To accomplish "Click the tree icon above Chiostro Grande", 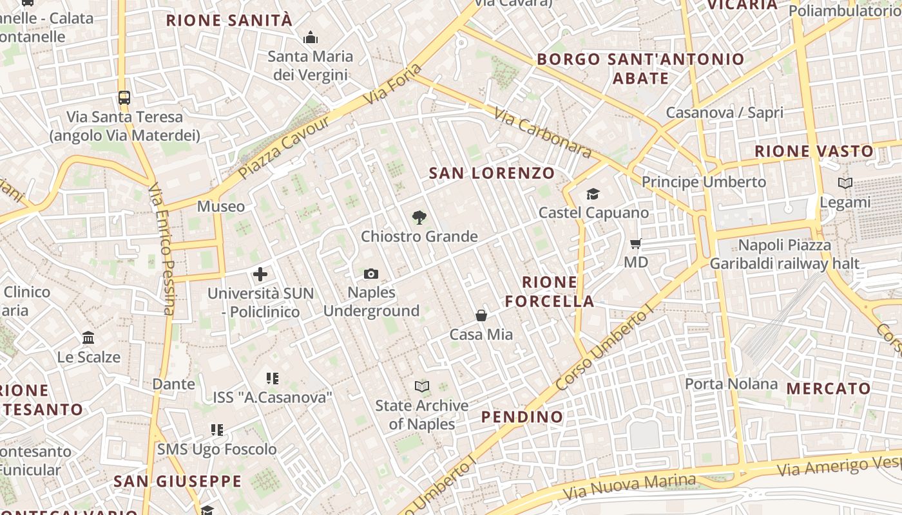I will pos(419,218).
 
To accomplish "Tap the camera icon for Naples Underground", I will pos(370,274).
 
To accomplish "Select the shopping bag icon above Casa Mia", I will pos(481,315).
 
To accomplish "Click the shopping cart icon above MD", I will pos(635,244).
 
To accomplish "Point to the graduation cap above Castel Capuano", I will pos(593,194).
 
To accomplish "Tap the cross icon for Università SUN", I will pos(260,275).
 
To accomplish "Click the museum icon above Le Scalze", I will pos(88,338).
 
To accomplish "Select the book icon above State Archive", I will pos(422,386).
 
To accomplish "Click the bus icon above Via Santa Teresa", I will pos(124,98).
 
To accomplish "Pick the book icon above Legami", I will pos(845,183).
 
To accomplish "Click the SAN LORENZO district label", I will pos(492,173).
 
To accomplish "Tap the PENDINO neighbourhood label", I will pos(523,417).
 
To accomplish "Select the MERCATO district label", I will pos(829,389).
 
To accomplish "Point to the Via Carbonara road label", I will pos(542,133).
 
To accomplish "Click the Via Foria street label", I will pos(393,85).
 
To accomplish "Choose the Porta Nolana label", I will pos(731,384).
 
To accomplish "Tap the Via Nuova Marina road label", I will pos(629,487).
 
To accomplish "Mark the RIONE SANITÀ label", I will pos(229,21).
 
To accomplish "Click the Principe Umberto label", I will pos(704,182).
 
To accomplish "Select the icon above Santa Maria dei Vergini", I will pos(311,37).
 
